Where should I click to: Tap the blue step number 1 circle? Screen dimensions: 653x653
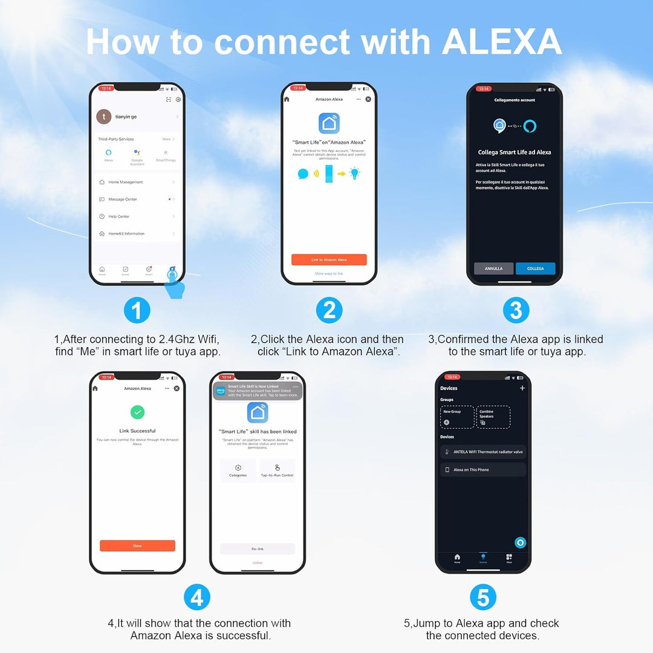pos(137,311)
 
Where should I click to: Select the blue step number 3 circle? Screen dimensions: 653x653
pos(516,311)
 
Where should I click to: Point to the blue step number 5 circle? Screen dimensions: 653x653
pos(483,598)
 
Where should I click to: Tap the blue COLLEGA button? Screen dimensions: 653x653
pos(535,268)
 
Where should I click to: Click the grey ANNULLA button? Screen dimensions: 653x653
pos(493,268)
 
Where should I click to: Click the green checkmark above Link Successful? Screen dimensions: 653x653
pos(137,412)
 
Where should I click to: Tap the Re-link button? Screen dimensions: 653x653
pos(258,549)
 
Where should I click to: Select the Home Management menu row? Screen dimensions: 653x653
pos(137,182)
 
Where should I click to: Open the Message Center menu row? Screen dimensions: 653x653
pos(137,199)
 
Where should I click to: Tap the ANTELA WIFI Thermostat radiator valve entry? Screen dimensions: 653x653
pos(483,452)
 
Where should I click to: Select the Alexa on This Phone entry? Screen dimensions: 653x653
pos(483,470)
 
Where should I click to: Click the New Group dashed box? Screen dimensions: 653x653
pos(457,417)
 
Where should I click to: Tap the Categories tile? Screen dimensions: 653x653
pos(238,470)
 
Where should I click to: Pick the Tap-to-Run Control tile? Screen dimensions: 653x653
pos(277,470)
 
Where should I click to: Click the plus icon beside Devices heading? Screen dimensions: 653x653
pos(522,388)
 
